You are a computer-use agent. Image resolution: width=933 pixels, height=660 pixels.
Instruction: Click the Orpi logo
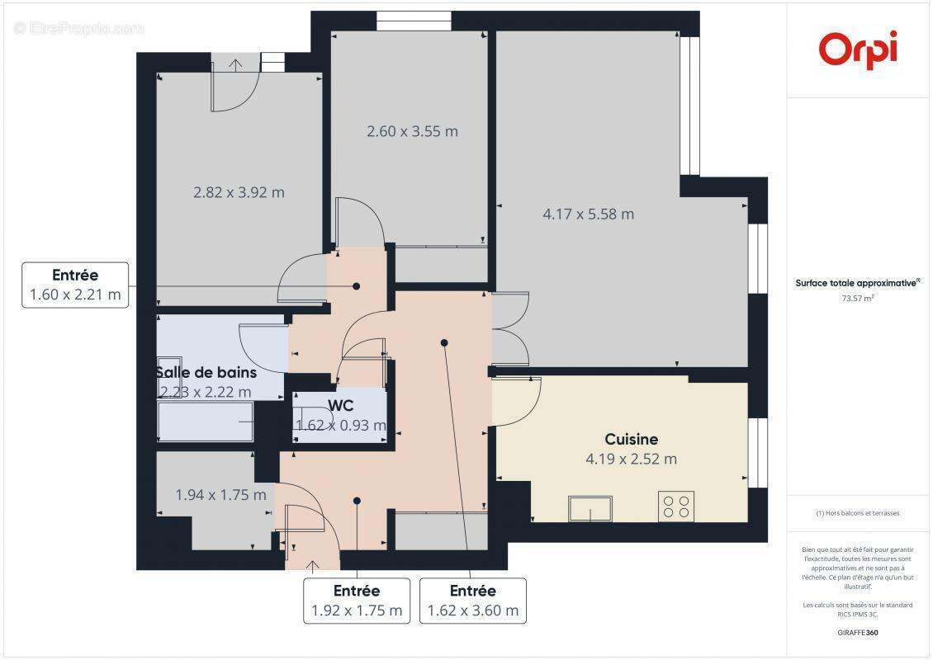coord(858,49)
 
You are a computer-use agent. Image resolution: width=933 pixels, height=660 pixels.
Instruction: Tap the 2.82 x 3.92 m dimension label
coord(239,192)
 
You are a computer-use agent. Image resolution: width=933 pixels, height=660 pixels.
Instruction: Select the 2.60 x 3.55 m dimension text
coord(412,131)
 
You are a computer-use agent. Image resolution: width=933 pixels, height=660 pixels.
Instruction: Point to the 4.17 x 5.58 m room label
coord(588,214)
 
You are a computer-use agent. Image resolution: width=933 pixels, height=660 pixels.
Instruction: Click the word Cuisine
coord(631,439)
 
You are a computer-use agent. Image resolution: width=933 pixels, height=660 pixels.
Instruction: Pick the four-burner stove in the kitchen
coord(675,506)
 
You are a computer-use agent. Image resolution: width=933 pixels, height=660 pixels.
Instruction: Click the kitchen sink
coord(590,508)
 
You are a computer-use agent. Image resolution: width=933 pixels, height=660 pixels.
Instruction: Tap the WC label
coord(341,406)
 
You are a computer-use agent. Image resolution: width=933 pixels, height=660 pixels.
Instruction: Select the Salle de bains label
coord(206,373)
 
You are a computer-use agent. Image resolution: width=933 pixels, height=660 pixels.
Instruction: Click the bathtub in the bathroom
coord(205,422)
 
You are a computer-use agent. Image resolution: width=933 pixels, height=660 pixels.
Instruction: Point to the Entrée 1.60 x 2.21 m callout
coord(75,285)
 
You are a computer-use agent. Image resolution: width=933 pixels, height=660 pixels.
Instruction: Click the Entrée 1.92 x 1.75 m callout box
coord(357,601)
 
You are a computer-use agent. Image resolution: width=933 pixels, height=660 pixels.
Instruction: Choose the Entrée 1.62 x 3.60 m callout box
coord(473,601)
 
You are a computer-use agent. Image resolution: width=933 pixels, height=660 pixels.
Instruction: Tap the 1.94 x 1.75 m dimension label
coord(220,495)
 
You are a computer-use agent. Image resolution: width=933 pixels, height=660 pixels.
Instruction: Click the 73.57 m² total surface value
coord(858,299)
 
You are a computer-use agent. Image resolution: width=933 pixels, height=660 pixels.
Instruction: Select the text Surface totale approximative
coord(856,282)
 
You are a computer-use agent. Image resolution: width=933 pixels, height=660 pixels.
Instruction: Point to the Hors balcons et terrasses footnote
coord(858,513)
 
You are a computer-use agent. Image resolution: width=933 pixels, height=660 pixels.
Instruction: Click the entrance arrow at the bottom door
coord(313,565)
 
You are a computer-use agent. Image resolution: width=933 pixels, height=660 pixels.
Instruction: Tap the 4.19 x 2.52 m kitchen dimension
coord(631,460)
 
